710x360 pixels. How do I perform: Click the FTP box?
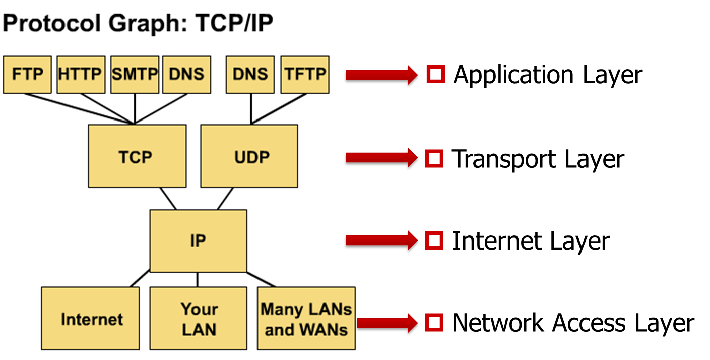(27, 75)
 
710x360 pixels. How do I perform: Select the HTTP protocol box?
(81, 75)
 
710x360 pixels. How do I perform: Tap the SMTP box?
(135, 75)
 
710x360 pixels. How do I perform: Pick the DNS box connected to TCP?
(186, 75)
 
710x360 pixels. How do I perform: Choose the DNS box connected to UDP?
(250, 75)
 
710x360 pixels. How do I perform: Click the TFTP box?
(304, 75)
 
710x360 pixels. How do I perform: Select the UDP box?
(249, 156)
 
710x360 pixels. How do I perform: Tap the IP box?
(198, 241)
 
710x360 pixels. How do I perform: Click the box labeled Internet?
(90, 319)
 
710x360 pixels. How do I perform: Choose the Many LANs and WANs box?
(306, 319)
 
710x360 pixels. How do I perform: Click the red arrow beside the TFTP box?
(381, 75)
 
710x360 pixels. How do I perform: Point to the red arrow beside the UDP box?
(381, 158)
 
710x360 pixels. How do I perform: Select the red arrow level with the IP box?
(381, 241)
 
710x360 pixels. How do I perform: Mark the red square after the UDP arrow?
(434, 159)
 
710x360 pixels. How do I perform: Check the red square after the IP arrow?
(434, 241)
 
